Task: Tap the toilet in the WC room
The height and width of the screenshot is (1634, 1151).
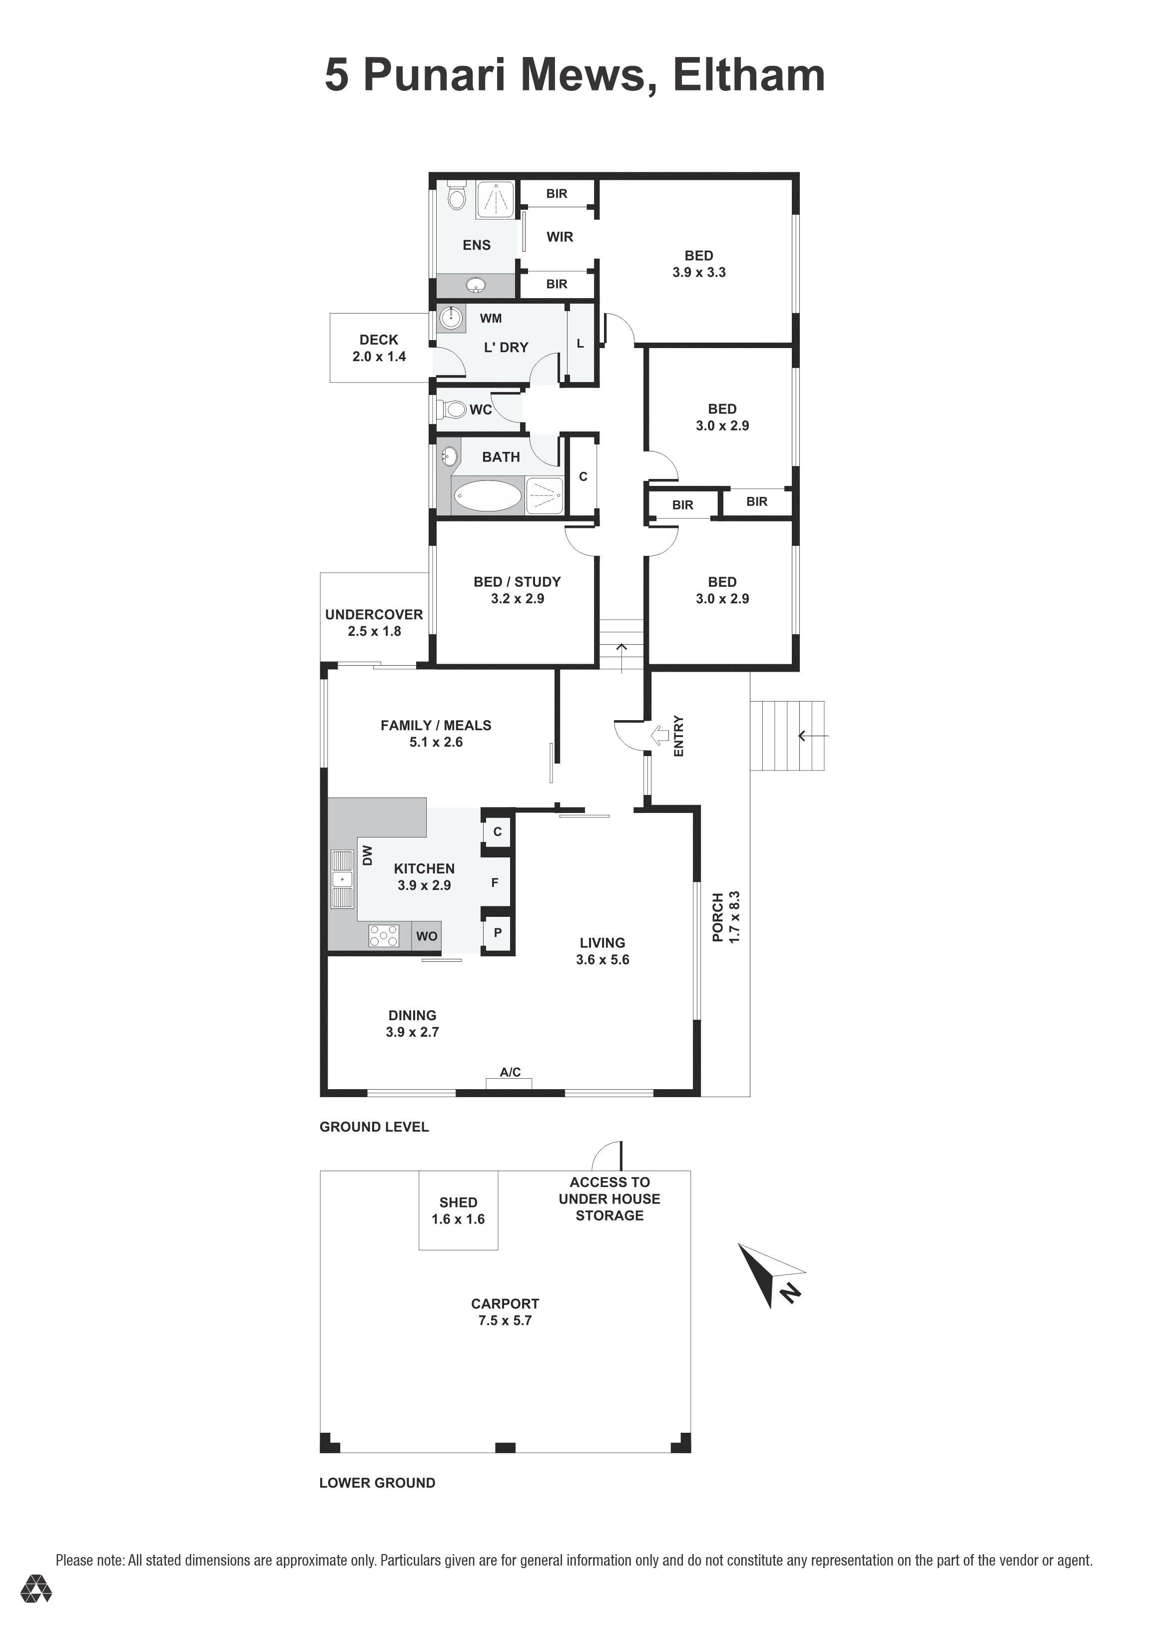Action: tap(454, 410)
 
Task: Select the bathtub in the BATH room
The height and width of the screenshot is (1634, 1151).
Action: tap(488, 495)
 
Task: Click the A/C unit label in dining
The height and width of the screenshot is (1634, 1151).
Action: tap(510, 1072)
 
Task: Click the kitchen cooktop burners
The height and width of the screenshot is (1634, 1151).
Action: tap(384, 936)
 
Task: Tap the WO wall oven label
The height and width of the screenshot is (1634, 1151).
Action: tap(426, 936)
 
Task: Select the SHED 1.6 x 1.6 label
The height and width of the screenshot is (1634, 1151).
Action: tap(458, 1211)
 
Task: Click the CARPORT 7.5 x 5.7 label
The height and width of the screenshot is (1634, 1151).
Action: tap(505, 1311)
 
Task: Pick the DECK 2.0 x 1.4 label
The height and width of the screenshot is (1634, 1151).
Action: tap(379, 348)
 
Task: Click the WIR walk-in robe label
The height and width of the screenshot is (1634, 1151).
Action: tap(560, 237)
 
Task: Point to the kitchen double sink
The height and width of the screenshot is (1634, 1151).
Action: tap(342, 879)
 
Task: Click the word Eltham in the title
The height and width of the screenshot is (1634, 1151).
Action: tap(748, 75)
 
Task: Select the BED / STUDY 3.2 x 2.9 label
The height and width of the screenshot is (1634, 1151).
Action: tap(517, 590)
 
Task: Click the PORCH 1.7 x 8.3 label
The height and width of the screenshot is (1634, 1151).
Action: tap(726, 917)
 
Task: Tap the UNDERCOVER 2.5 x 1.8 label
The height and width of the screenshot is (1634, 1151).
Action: tap(374, 623)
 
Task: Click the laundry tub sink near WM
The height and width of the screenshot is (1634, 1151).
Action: tap(451, 318)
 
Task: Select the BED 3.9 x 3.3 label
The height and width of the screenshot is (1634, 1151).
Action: tap(698, 263)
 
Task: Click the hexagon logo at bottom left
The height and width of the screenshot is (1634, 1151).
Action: tap(35, 1609)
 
